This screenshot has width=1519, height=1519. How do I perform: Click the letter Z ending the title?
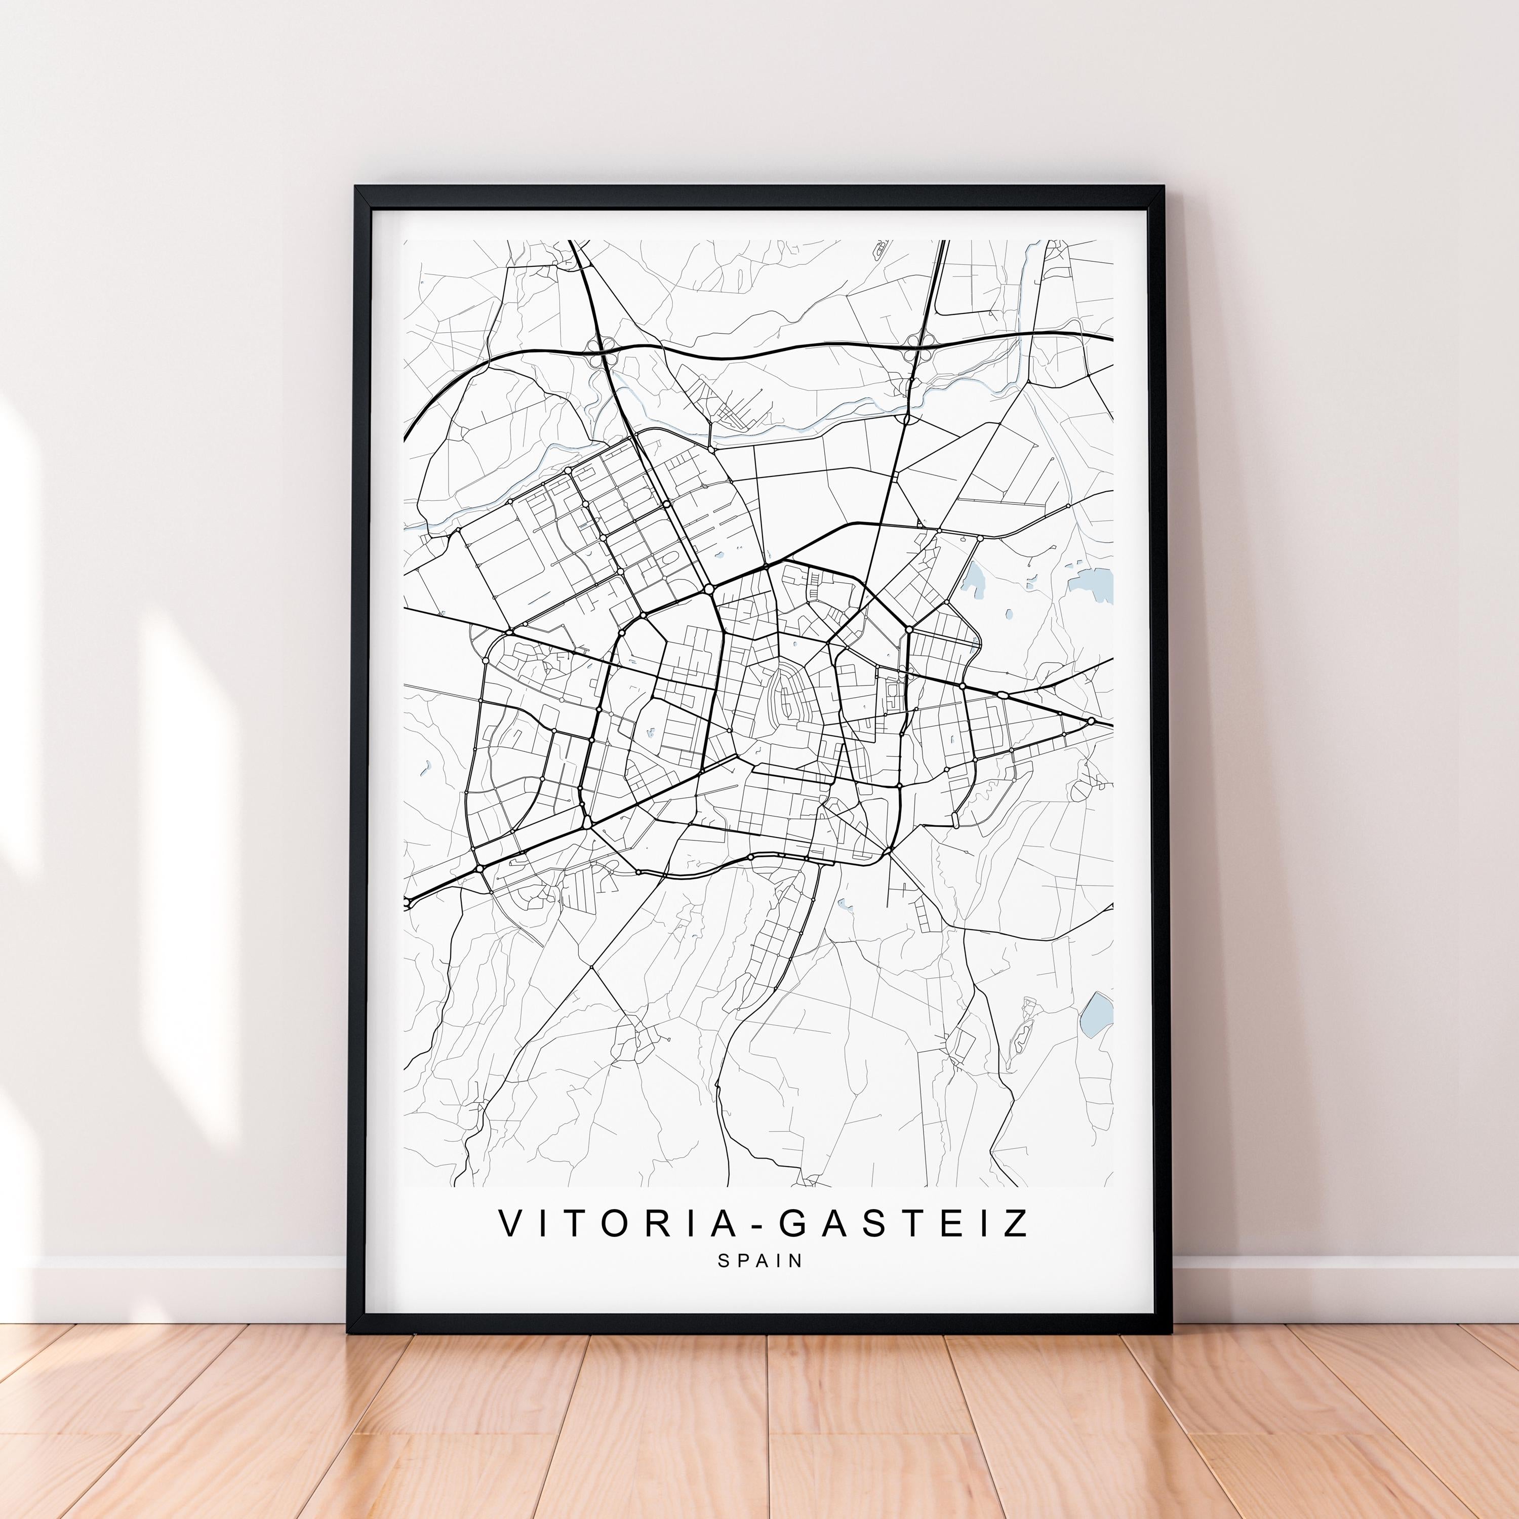[1017, 1223]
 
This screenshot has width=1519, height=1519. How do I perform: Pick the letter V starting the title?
[510, 1223]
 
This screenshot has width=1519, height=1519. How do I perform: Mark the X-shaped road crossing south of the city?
[591, 965]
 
